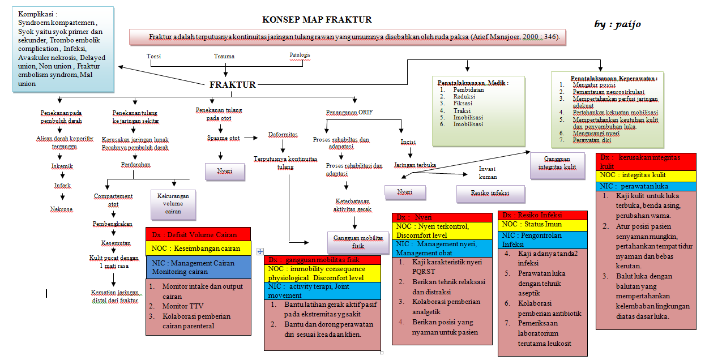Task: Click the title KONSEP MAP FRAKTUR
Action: [x=317, y=20]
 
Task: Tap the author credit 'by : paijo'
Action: [x=618, y=24]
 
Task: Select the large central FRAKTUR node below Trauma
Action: [x=232, y=85]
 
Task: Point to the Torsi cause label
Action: [x=154, y=56]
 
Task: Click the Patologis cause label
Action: [x=300, y=55]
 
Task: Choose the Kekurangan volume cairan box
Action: [x=173, y=204]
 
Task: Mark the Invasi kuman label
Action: [x=488, y=173]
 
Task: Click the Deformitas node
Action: [x=283, y=135]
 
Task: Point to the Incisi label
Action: [x=408, y=142]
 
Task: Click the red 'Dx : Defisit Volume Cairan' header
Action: [x=198, y=234]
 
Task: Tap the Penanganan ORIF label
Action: [x=349, y=112]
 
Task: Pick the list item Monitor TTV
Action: [x=181, y=306]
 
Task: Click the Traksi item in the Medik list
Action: [x=462, y=110]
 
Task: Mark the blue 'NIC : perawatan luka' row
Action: [x=646, y=186]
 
